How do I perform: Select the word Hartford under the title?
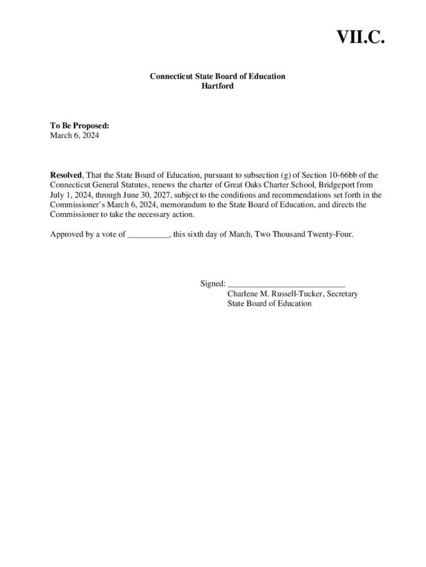click(217, 86)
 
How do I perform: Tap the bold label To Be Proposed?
click(80, 126)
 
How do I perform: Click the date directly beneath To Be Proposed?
click(75, 135)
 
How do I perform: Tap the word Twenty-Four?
click(330, 234)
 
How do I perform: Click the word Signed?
click(213, 283)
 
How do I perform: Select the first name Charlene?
click(243, 293)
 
